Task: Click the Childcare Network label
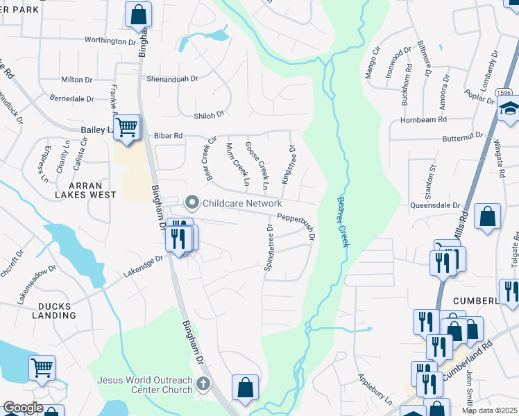coord(241,203)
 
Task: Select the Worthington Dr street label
coord(110,41)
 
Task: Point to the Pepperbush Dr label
coord(297,226)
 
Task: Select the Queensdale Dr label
coord(436,206)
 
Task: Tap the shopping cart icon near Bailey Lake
coord(126,128)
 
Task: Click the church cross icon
coord(203,383)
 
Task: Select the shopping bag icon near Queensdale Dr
coord(488,216)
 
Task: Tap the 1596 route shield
coord(504,92)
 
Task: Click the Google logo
coord(22,408)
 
